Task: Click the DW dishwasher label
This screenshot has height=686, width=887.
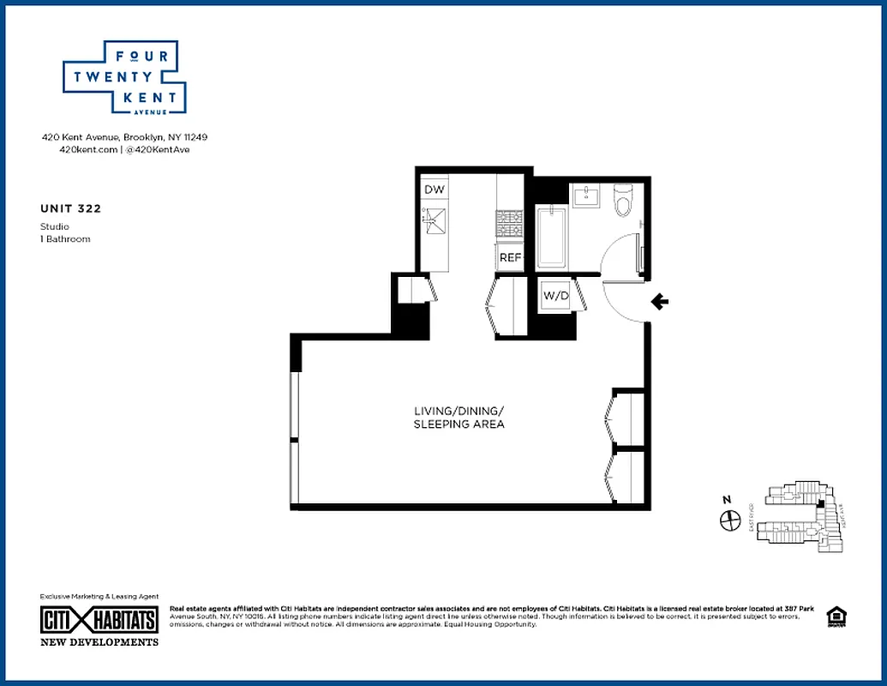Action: [x=434, y=190]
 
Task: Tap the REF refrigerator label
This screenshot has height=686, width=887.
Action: [x=511, y=256]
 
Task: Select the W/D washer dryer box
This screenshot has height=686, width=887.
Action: [x=555, y=296]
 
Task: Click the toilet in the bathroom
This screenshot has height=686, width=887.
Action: [x=624, y=200]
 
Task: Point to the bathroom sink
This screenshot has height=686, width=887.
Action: [x=588, y=196]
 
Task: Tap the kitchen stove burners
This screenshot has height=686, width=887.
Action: [x=510, y=225]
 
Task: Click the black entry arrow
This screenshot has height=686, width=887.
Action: [x=660, y=301]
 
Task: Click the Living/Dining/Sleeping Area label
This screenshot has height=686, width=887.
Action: [x=458, y=418]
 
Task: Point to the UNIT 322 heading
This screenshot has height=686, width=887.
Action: [x=64, y=208]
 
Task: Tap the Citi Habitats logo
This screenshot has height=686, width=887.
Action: [x=99, y=620]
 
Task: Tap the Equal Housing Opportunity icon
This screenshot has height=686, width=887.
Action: [x=834, y=617]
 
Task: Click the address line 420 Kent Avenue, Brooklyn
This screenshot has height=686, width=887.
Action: [x=125, y=137]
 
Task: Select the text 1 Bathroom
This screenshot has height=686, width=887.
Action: [x=65, y=238]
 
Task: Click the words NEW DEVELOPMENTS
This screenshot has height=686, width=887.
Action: [x=99, y=641]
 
